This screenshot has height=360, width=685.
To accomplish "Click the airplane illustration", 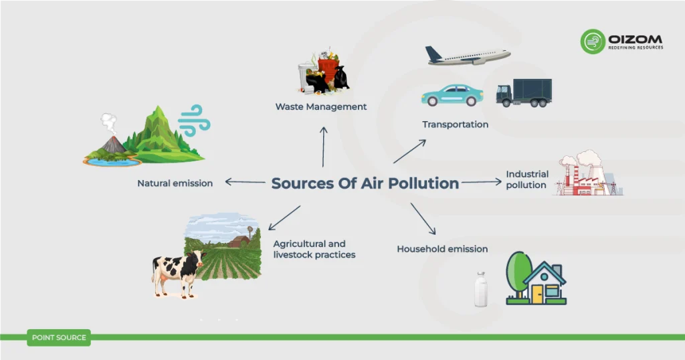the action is pos(468,56).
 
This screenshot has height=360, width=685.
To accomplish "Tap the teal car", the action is pos(452,95).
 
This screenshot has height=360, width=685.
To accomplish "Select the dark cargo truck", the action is pos(524,92).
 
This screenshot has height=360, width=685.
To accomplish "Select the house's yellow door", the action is pos(537,294).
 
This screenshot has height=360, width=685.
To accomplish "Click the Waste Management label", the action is pos(321,106).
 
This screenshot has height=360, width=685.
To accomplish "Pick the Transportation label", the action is pos(455,124).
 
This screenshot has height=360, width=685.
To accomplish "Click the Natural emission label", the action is pos(175,183).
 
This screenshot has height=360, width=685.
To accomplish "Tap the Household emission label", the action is pos(442,249).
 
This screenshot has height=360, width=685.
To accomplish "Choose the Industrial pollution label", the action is pos(527,179).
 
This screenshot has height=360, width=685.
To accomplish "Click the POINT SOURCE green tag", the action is pos(59,338).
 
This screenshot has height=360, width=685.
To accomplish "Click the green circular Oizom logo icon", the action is pos(593,41).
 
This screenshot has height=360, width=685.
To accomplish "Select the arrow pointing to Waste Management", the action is pos(323,147).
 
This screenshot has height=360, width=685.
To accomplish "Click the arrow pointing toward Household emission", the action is pos(423,218).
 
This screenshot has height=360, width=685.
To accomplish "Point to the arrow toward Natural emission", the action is pos(245,182).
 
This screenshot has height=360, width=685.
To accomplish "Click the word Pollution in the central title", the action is pos(423,183).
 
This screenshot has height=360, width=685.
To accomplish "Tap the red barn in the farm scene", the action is pos(239,242).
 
